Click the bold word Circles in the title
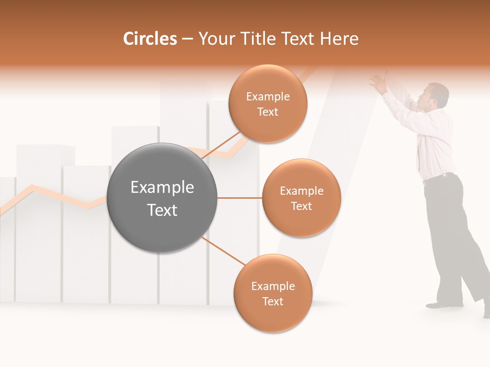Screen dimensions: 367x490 tap(150, 39)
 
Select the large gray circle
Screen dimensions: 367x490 tap(162, 198)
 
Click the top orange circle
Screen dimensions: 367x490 tap(268, 103)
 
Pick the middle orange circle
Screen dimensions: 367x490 tap(301, 198)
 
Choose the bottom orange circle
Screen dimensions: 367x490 tap(273, 293)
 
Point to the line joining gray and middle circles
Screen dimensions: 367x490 tap(239, 198)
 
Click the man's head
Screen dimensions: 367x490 tap(436, 95)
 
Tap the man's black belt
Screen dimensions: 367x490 tap(438, 178)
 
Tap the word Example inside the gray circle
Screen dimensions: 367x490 tap(162, 188)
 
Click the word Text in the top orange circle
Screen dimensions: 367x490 tap(268, 112)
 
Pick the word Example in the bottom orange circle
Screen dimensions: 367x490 tap(273, 286)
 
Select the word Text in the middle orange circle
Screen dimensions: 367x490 tap(301, 206)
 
